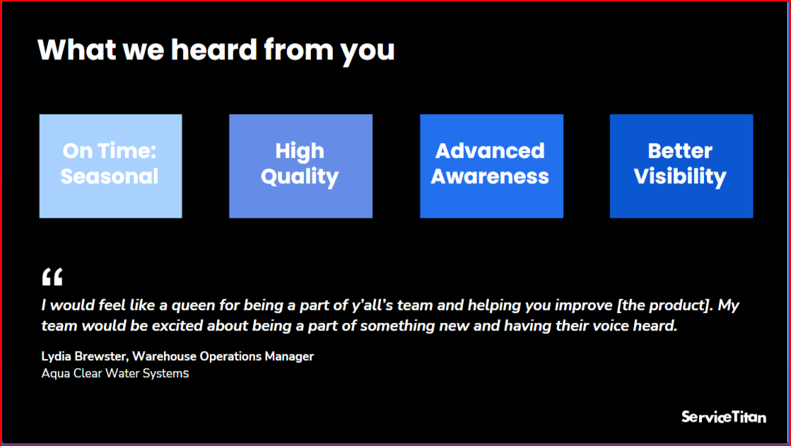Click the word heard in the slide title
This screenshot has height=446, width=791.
coord(214,50)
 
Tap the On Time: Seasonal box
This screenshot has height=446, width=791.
coord(110,166)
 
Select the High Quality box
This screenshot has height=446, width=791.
coord(300,166)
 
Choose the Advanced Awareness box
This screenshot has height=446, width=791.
coord(491,166)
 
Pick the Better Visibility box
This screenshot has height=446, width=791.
coord(681,166)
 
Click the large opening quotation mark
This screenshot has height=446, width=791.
coord(52,277)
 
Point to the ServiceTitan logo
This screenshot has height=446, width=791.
coord(723,417)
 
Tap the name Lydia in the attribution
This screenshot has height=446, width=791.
coord(56,357)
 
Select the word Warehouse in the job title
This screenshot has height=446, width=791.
coord(164,357)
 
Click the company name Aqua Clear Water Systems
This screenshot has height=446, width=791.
coord(115,373)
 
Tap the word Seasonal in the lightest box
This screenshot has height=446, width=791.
coord(110,176)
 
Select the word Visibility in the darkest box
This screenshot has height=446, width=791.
coord(680,177)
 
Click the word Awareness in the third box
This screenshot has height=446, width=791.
coord(490,176)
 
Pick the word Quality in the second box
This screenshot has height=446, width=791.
coord(300,177)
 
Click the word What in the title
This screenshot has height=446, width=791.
coord(76,50)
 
